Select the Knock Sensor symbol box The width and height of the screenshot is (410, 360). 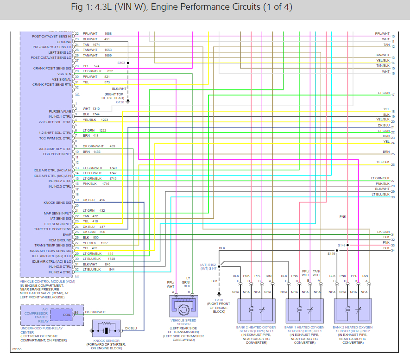106,330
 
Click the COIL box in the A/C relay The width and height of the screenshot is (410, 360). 67,315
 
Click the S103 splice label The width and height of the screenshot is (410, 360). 121,63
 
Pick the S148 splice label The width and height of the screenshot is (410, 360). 341,245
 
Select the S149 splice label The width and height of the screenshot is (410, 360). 331,254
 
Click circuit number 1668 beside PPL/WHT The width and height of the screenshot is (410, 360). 108,34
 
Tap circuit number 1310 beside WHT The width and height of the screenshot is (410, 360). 96,108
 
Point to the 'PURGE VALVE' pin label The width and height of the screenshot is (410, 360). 60,112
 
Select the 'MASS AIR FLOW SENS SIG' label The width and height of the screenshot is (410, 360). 51,251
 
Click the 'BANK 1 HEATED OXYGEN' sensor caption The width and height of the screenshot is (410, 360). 304,328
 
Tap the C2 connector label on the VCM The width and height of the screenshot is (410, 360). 77,276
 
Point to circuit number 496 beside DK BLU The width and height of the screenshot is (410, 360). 102,200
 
